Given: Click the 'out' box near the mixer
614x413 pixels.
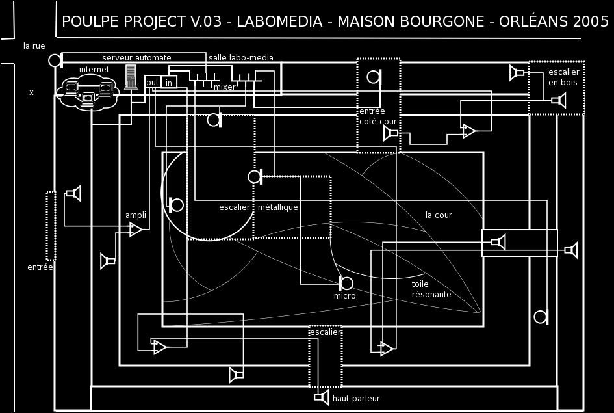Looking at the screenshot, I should pos(152,82).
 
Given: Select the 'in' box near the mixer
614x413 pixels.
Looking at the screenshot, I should pos(169,82).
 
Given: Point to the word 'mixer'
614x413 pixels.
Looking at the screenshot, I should pos(225,87).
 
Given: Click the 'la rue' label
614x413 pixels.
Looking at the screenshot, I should pos(34,46).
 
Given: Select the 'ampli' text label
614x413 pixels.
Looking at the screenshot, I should pos(135,215).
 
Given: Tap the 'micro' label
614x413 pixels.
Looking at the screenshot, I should pos(345,296).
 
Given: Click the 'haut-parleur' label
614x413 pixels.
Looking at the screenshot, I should pos(356,398).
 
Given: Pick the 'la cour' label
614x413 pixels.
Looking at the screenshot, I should pos(439,215).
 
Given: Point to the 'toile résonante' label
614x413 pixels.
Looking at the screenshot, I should pos(431,289).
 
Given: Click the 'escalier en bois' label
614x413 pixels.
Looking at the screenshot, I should pos(563,77).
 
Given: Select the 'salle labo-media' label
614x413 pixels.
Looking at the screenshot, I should pos(240,58).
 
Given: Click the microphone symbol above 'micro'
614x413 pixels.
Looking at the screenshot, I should pos(346,283).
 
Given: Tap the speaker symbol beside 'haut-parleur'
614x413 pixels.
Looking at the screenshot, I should pos(322,397).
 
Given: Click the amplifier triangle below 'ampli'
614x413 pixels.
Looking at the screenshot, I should pos(135,229).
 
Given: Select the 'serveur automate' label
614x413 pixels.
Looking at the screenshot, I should pos(136,58).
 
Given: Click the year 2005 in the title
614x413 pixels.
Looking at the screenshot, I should pos(591,21).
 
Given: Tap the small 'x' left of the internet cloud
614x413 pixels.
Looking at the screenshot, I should pos(31,92).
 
